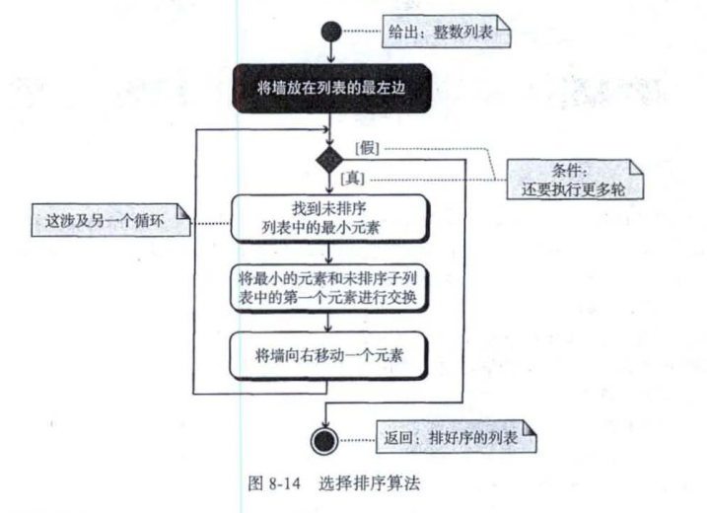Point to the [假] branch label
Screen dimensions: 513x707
point(367,148)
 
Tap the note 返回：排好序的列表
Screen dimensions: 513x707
point(459,436)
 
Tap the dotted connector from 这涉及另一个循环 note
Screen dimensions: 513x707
point(209,224)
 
